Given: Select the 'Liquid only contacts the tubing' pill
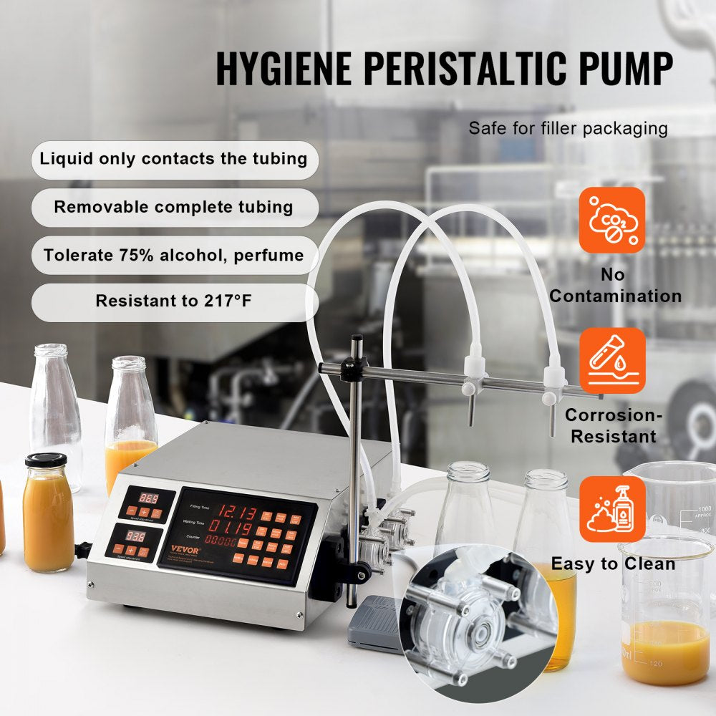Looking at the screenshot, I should tap(173, 158).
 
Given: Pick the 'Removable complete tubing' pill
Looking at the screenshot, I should tap(173, 208).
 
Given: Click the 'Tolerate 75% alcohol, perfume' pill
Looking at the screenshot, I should tap(173, 256).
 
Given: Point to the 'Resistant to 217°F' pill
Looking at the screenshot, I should tap(173, 301).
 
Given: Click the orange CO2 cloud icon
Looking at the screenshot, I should tap(612, 220).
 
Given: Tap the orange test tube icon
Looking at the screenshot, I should tap(612, 360).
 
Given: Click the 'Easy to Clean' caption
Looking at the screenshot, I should tap(613, 564).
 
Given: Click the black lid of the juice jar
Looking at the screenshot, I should tap(46, 460).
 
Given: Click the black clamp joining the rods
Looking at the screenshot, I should tap(354, 369).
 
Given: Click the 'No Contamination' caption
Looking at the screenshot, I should tap(614, 286).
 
